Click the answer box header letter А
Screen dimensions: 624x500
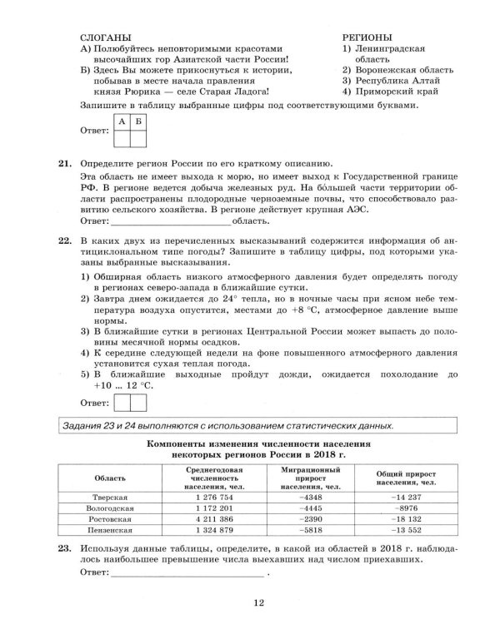click(122, 122)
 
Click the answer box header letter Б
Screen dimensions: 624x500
click(138, 122)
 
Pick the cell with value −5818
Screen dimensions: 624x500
click(307, 528)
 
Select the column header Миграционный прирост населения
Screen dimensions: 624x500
click(306, 478)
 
